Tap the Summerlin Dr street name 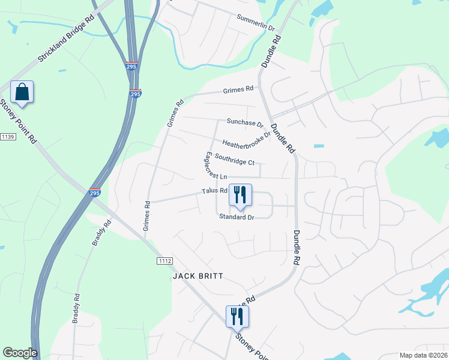click(x=255, y=23)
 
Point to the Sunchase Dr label click(x=245, y=122)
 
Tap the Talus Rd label click(x=214, y=191)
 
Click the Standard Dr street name click(x=237, y=217)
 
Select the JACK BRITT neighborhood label click(x=198, y=276)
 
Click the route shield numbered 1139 click(x=7, y=137)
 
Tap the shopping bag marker click(x=22, y=92)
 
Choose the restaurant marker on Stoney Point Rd click(x=237, y=316)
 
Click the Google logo click(x=20, y=353)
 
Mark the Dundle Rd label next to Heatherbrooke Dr click(x=282, y=137)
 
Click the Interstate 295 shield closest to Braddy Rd click(x=94, y=193)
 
